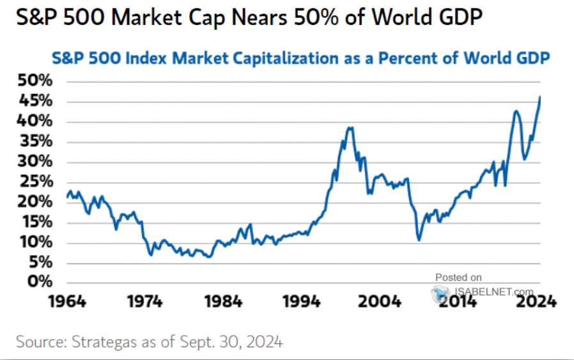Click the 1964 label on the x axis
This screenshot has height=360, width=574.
68,301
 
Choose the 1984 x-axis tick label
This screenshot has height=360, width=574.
224,301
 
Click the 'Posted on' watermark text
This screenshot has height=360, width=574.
458,278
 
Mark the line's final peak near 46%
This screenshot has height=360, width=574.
541,97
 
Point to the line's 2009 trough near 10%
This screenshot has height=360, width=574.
419,240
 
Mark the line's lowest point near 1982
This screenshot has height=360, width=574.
208,257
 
